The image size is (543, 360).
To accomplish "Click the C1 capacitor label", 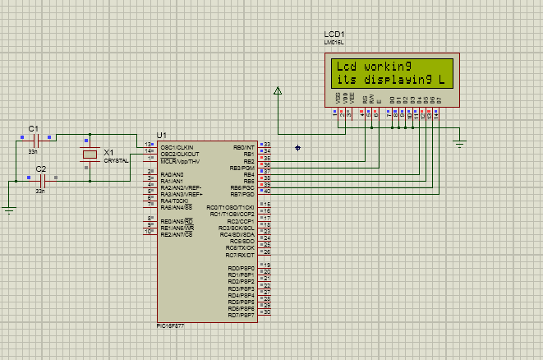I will (x=33, y=129).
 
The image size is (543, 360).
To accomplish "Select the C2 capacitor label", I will (x=41, y=168).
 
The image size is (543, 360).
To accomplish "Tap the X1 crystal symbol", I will (x=88, y=155).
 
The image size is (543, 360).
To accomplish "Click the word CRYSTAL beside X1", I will (x=116, y=161).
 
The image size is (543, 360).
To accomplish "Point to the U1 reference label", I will (x=161, y=135).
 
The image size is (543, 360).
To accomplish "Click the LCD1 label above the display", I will (x=334, y=34).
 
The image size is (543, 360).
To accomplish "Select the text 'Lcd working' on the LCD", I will (x=372, y=67).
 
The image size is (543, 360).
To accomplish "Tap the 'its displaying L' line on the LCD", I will (x=389, y=80).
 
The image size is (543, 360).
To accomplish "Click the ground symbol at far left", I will (x=9, y=209).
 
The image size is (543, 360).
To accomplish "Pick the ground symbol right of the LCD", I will (x=460, y=145).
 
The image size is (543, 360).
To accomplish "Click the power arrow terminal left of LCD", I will (x=278, y=93).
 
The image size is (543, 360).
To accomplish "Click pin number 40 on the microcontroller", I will (x=267, y=192).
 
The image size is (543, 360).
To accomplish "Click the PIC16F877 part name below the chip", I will (x=173, y=325).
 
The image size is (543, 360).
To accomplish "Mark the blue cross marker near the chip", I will (x=297, y=148).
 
